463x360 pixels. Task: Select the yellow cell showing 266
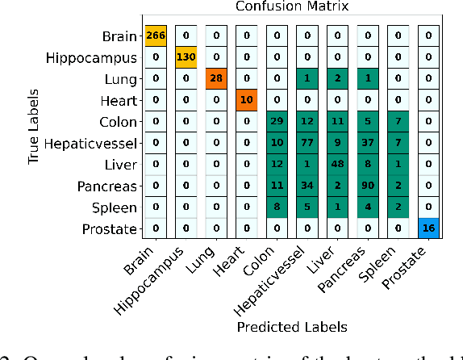coord(156,36)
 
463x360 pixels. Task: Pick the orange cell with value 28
coord(216,79)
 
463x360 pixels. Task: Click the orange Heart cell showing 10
coord(246,100)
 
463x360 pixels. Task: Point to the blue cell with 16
coord(428,229)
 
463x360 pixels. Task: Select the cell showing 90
coord(367,186)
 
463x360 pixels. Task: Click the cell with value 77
coord(307,144)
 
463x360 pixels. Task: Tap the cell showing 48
coord(337,165)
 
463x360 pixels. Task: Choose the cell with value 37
coord(367,144)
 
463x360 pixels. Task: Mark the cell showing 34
coord(307,186)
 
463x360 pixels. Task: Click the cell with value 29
coord(277,122)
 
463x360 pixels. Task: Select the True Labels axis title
coord(34,131)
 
